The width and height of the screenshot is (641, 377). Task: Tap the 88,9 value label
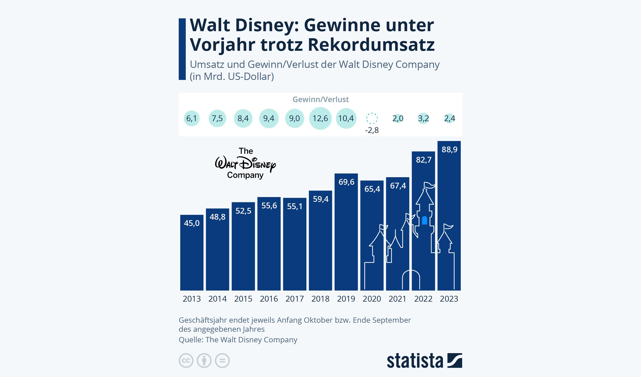tap(449, 150)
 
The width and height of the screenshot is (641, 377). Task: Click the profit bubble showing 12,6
tap(320, 118)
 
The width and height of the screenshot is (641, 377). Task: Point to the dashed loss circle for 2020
tap(372, 118)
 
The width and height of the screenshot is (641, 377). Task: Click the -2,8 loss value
tap(372, 130)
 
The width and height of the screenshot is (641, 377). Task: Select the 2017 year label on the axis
tap(295, 299)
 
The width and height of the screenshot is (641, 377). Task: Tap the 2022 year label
tap(423, 299)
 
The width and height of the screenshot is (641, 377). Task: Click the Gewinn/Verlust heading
tap(320, 100)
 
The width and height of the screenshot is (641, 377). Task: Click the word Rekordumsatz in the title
tap(371, 45)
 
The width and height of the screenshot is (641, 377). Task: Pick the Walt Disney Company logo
tap(245, 164)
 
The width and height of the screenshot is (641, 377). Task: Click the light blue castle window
tap(424, 220)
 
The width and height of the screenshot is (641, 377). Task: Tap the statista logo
tap(424, 360)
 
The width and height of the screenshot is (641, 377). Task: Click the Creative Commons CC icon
tap(186, 360)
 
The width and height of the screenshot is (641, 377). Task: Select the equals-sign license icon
tap(222, 360)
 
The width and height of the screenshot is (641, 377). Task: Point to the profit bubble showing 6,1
tap(192, 118)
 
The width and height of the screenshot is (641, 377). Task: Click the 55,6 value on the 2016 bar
tap(269, 206)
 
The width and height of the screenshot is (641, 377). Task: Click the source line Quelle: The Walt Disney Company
tap(238, 340)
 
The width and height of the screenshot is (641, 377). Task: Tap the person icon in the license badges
tap(204, 360)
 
